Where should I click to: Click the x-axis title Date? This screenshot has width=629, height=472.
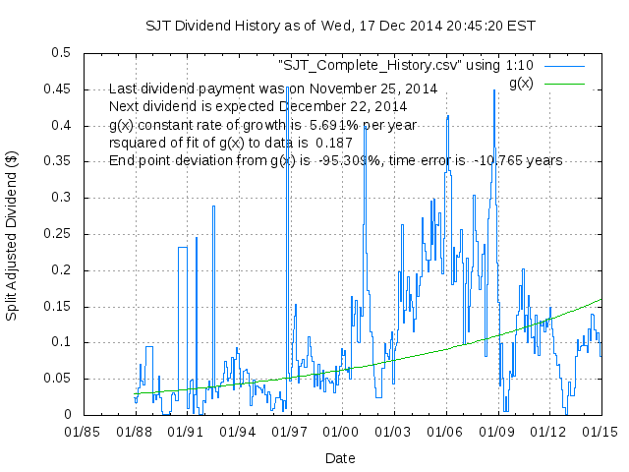340,458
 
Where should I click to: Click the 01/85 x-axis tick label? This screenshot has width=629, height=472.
82,431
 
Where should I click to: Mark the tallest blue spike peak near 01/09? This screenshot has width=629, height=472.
494,90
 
